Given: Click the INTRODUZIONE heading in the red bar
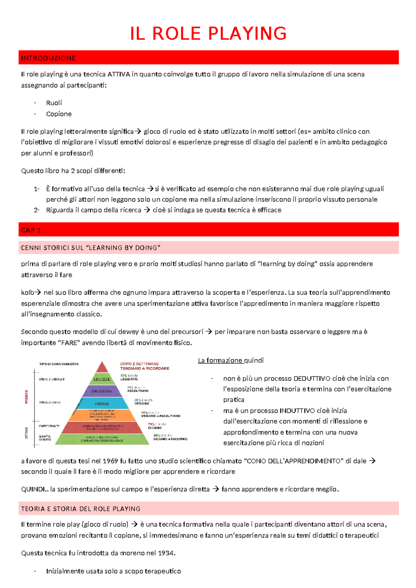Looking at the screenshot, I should [48, 58].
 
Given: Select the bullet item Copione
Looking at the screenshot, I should [59, 114].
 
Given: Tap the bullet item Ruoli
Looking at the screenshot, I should [54, 103].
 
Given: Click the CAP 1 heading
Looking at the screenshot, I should [31, 230].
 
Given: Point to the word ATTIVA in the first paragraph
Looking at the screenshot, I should [119, 74].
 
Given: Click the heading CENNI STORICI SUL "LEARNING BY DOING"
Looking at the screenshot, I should [90, 248].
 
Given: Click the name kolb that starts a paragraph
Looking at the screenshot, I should [27, 293].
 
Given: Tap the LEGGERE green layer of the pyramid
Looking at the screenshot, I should [102, 379].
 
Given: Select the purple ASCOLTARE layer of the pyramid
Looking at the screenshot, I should [102, 391].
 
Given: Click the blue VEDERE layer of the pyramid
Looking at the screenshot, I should [102, 404].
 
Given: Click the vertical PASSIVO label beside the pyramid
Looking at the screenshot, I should [26, 397].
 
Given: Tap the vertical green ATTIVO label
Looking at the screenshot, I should [26, 433].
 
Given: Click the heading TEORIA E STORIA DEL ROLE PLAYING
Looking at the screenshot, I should [81, 509].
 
